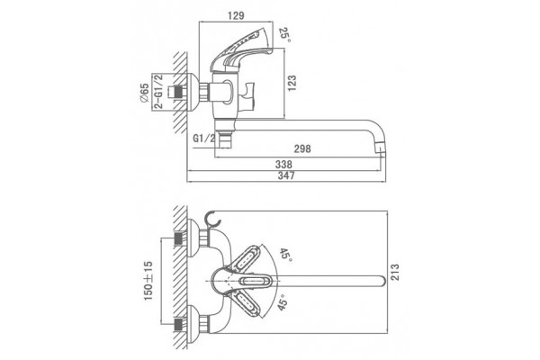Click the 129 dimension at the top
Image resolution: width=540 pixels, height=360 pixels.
(x=236, y=15)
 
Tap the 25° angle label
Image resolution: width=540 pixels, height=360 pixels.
(x=284, y=35)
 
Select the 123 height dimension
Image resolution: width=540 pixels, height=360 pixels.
(x=292, y=84)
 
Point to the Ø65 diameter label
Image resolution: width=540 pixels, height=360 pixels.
(x=144, y=93)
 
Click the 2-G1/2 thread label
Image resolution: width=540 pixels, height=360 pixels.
(x=158, y=91)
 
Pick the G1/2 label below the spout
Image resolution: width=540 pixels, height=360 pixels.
(x=204, y=139)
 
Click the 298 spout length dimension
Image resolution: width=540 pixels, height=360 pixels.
(x=302, y=148)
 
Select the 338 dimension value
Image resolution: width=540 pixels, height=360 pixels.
(x=283, y=165)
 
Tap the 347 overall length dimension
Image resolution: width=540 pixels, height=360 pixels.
(x=286, y=175)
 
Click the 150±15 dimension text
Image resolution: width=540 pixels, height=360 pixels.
(x=148, y=281)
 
